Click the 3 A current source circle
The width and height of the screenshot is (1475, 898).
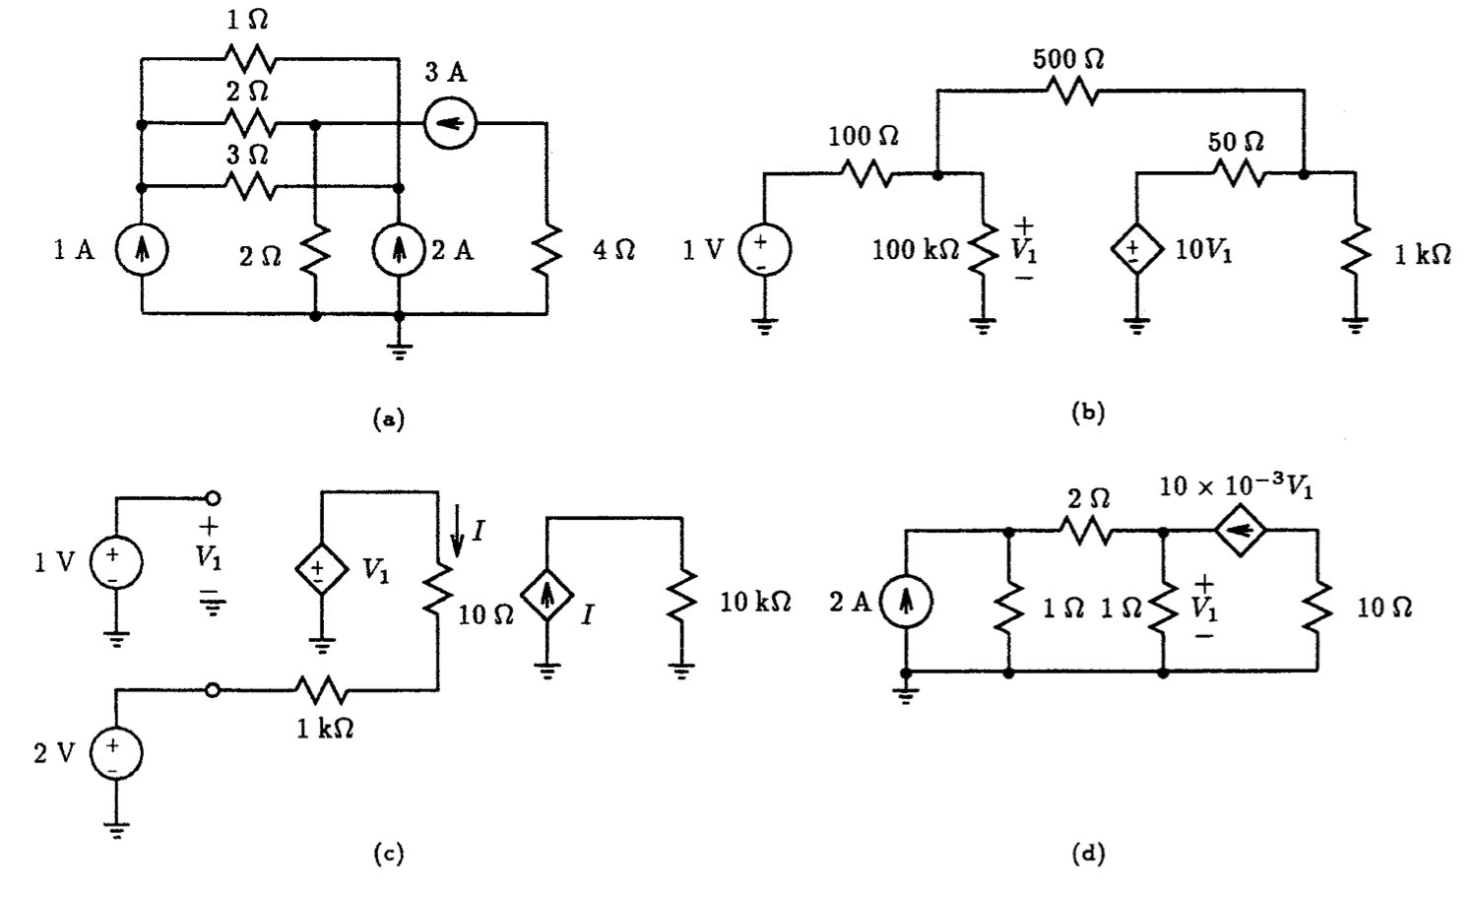tap(450, 124)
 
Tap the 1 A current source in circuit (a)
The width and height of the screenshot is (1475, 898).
tap(142, 251)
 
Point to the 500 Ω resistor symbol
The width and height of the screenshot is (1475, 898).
tap(1069, 92)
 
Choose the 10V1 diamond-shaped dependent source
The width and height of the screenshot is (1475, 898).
tap(1137, 251)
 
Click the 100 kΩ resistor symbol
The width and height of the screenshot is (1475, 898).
tap(982, 252)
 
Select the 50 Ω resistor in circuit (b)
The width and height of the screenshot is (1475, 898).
tap(1239, 174)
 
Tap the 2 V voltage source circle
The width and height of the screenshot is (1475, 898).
tap(116, 754)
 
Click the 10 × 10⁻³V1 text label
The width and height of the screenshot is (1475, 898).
tap(1235, 488)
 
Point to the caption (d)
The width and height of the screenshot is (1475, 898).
tap(1087, 854)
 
